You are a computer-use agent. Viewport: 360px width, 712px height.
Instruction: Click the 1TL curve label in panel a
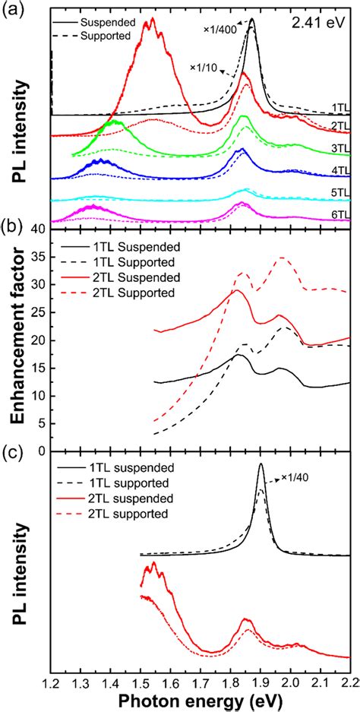(339, 108)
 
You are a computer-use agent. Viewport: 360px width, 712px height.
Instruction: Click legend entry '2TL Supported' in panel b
(142, 293)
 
